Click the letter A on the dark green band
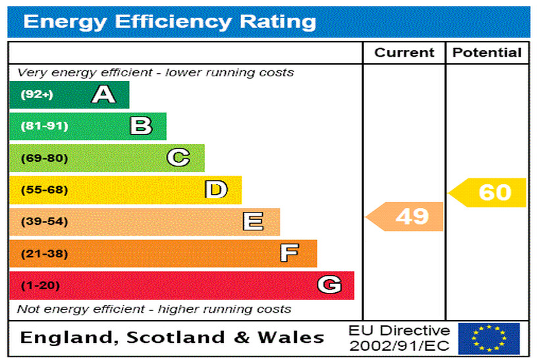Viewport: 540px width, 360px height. pyautogui.click(x=103, y=95)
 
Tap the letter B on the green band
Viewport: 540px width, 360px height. pyautogui.click(x=141, y=126)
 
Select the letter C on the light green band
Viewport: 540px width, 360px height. pyautogui.click(x=178, y=158)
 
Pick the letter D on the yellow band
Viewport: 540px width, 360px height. pyautogui.click(x=216, y=190)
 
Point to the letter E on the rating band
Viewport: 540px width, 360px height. pyautogui.click(x=253, y=221)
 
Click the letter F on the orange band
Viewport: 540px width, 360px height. pyautogui.click(x=289, y=253)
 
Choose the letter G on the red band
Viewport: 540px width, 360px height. pyautogui.click(x=329, y=285)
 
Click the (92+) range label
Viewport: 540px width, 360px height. pyautogui.click(x=37, y=95)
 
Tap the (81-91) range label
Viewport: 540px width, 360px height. pyautogui.click(x=45, y=126)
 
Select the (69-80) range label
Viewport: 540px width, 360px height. pyautogui.click(x=45, y=158)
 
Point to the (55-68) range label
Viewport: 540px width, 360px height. pyautogui.click(x=45, y=190)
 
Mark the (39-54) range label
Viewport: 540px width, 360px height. pyautogui.click(x=45, y=222)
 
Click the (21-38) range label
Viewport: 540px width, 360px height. pyautogui.click(x=45, y=253)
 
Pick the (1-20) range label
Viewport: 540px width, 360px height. pyautogui.click(x=41, y=286)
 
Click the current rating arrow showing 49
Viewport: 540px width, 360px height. pyautogui.click(x=406, y=216)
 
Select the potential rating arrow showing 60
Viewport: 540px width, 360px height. pyautogui.click(x=489, y=192)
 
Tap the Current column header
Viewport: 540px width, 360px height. pyautogui.click(x=404, y=53)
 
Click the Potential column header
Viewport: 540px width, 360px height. pyautogui.click(x=487, y=53)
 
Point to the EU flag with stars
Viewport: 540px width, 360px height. pyautogui.click(x=489, y=338)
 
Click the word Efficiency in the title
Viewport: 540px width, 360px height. pyautogui.click(x=175, y=22)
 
